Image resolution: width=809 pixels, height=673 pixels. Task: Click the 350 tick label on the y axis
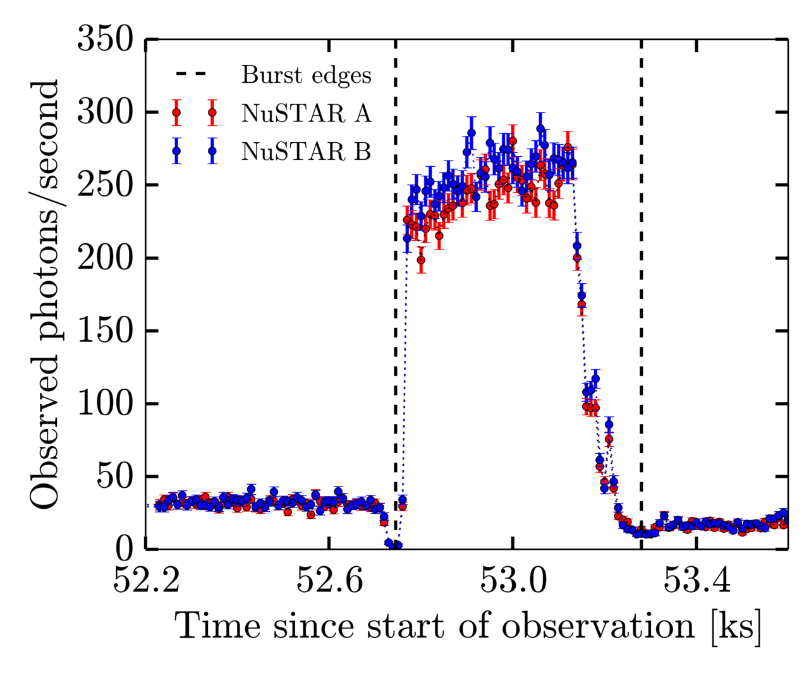pyautogui.click(x=105, y=39)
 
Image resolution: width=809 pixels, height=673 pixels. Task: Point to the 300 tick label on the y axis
pyautogui.click(x=105, y=112)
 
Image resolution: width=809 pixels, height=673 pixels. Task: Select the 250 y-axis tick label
pyautogui.click(x=105, y=185)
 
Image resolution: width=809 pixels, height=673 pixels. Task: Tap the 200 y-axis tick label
pyautogui.click(x=105, y=258)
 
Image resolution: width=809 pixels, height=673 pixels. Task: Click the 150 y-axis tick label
pyautogui.click(x=105, y=331)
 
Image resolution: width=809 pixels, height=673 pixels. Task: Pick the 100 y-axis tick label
pyautogui.click(x=105, y=404)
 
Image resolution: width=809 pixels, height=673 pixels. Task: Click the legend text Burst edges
pyautogui.click(x=307, y=75)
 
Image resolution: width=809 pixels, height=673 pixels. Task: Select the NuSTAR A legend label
pyautogui.click(x=307, y=113)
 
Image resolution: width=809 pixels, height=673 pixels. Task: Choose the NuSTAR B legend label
pyautogui.click(x=307, y=151)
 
